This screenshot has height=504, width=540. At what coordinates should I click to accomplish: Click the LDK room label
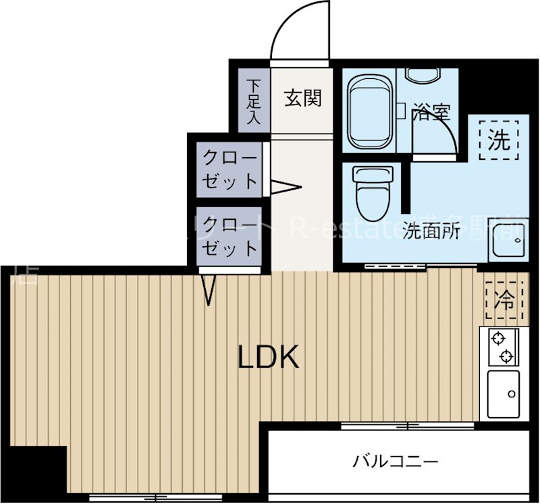268,358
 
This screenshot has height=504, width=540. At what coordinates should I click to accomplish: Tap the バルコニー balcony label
396,462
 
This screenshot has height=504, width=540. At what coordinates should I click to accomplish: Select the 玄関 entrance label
302,99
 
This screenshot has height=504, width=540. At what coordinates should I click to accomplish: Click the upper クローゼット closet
230,170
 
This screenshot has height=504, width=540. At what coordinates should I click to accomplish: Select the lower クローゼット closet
230,236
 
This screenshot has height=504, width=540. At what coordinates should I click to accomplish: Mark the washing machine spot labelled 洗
499,140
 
